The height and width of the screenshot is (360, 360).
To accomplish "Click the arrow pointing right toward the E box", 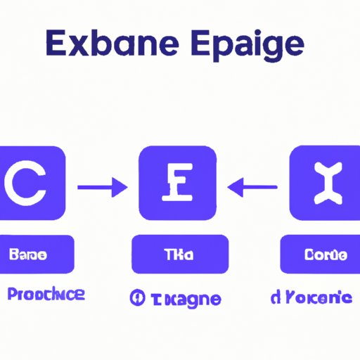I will tap(102, 188).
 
